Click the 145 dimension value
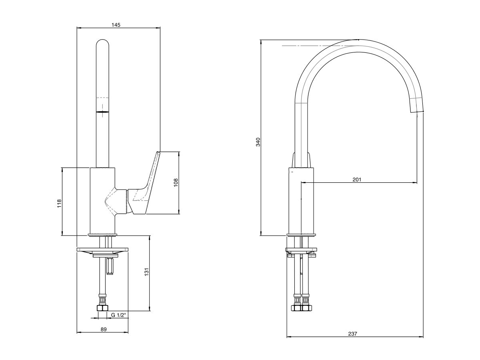116,25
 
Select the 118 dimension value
59,203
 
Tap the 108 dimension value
176,183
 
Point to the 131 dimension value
147,272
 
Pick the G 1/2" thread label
118,316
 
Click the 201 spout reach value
357,180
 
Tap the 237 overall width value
353,333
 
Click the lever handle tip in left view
158,153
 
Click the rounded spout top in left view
102,42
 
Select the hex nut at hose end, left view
103,308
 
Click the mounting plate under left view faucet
102,250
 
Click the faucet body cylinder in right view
301,200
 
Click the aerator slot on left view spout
102,112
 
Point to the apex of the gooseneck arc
358,40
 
